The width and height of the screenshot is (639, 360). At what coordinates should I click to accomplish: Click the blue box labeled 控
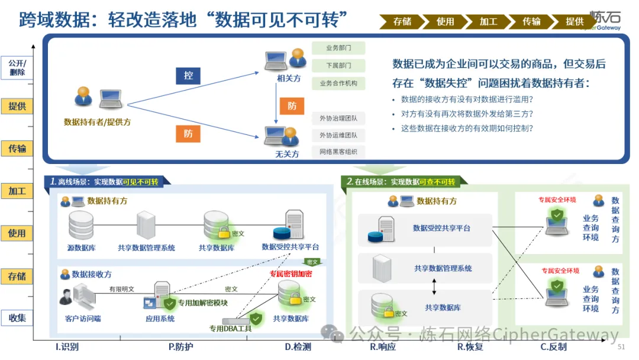point(188,76)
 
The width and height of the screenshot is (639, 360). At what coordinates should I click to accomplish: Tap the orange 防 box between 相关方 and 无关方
point(292,106)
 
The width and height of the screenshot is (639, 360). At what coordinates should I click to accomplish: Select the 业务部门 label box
point(338,48)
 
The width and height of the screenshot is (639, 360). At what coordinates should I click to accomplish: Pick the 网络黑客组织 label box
point(338,152)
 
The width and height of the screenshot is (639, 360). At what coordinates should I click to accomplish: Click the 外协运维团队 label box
point(338,135)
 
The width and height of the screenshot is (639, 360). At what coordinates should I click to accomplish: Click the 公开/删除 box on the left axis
point(18,67)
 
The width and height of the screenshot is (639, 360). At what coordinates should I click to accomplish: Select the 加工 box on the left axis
point(18,191)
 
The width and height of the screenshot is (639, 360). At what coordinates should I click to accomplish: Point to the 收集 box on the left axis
point(18,318)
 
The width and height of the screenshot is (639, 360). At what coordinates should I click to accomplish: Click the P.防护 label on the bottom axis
point(180,347)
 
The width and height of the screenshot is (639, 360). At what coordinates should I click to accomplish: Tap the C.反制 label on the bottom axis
point(553,347)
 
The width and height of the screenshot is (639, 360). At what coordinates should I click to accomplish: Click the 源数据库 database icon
point(81,225)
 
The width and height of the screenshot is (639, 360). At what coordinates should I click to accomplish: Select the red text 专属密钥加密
point(291,274)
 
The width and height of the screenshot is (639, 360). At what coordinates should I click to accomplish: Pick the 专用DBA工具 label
point(230,328)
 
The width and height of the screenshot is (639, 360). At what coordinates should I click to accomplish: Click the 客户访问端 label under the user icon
point(83,319)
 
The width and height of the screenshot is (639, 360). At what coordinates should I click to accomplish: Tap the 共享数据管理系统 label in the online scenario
point(443,268)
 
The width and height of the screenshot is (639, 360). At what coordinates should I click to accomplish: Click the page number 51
point(621,346)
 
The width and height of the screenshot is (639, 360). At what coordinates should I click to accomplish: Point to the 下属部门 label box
point(338,65)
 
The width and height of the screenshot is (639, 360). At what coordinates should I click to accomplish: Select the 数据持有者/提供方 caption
point(97,122)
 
